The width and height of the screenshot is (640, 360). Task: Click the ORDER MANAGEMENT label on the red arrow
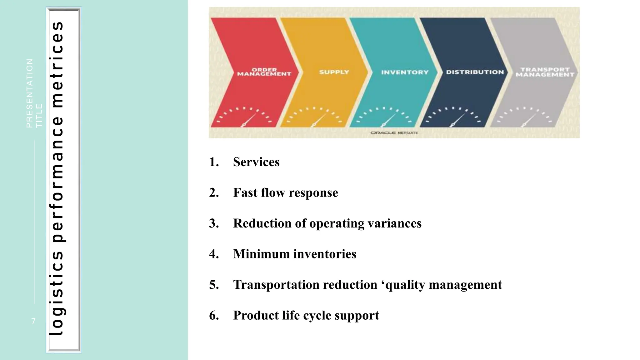(264, 72)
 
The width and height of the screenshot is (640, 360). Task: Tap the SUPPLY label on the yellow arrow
(334, 72)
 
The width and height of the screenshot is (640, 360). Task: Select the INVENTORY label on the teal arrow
(405, 72)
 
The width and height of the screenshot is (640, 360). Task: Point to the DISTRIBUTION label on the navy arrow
(475, 72)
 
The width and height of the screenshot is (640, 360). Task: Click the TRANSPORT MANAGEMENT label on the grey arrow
(545, 72)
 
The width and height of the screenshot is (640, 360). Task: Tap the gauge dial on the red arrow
(245, 117)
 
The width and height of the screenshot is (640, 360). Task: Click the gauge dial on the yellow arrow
(315, 117)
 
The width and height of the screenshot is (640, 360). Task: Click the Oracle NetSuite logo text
(394, 133)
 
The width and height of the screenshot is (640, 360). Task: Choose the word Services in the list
(256, 162)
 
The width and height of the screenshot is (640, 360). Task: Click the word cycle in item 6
(312, 315)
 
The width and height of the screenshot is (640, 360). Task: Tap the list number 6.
(213, 315)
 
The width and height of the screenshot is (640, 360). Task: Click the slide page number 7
(33, 321)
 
